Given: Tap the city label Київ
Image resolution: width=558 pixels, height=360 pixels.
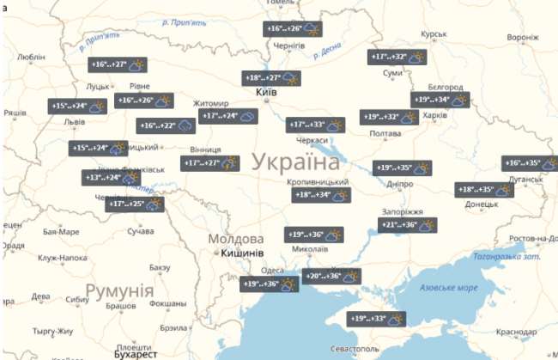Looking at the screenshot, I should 266,92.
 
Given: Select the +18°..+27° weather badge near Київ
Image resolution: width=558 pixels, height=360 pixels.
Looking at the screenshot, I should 271,78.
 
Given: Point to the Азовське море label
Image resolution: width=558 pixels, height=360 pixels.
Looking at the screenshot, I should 443,288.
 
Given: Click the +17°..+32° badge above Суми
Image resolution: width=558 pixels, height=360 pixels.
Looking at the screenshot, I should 398,58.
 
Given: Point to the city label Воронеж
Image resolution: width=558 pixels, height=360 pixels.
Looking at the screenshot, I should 522,38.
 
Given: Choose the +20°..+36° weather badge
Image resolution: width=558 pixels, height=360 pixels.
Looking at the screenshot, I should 332,276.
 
